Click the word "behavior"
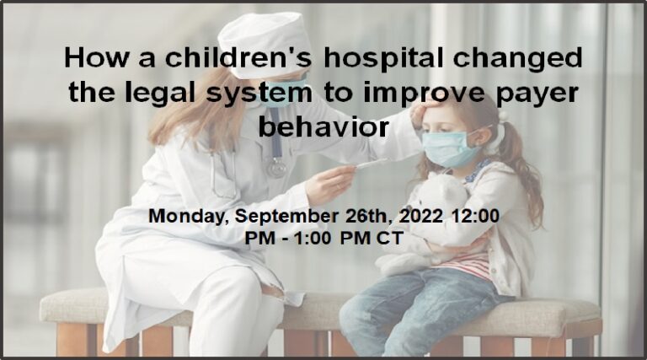click(x=323, y=126)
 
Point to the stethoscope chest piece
click(x=277, y=168)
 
